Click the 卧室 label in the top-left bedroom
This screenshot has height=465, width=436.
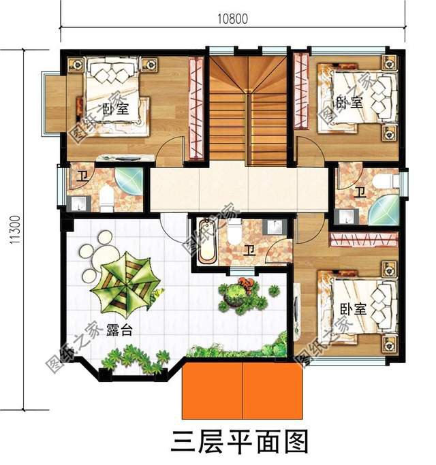[115, 108]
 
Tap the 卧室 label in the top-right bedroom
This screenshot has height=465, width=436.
[349, 103]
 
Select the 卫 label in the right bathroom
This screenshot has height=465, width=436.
[360, 191]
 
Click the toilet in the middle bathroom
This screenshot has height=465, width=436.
[233, 236]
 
